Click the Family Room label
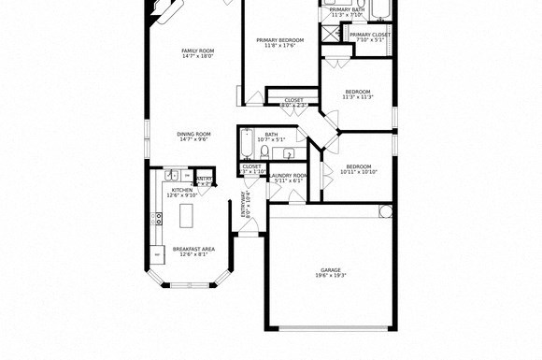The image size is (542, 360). click(x=198, y=50)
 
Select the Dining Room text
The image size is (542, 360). click(x=193, y=134)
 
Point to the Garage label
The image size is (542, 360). click(x=331, y=269)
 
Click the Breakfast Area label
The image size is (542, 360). click(x=193, y=249)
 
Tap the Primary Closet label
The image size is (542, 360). click(x=370, y=35)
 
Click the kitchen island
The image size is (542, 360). click(x=184, y=217)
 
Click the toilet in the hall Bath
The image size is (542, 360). click(x=266, y=151)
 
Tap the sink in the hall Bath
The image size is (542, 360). click(x=289, y=153)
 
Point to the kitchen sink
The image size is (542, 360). click(x=172, y=175)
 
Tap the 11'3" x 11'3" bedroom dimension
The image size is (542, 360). click(x=358, y=96)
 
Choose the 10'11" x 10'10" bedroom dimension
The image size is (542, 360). click(x=358, y=172)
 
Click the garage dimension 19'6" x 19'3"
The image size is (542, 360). click(x=331, y=276)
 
